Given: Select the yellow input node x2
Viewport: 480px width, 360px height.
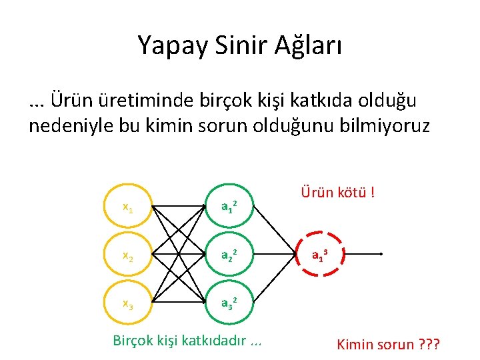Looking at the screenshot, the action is coord(127,255).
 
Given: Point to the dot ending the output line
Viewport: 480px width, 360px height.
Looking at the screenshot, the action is coord(380,255).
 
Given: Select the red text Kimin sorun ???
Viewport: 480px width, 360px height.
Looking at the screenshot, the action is coord(392,345).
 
